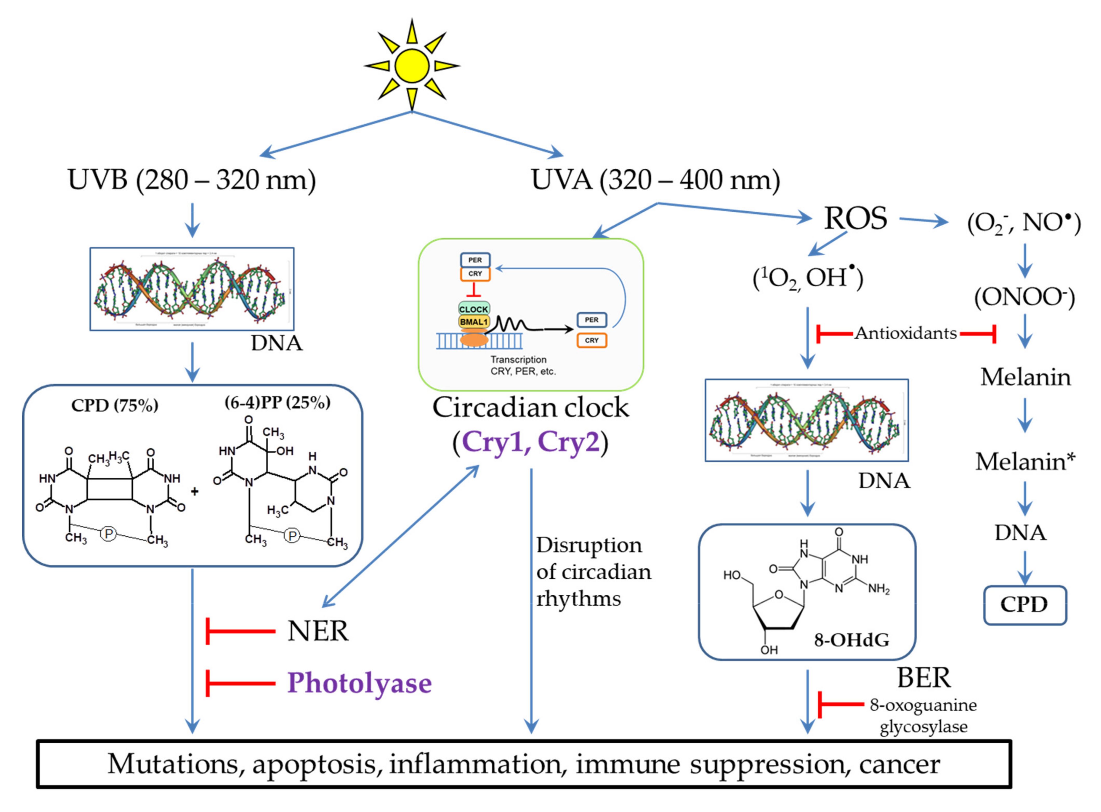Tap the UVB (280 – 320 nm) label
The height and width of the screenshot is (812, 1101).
pos(192,180)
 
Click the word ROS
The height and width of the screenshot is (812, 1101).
pos(855,218)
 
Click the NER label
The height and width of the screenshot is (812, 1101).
pos(318,631)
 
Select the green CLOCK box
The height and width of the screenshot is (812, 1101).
pos(473,309)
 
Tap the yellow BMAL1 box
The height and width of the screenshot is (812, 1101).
pos(473,322)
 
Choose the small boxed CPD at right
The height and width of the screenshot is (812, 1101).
pos(1024,605)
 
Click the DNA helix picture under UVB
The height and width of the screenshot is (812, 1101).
pos(192,289)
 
